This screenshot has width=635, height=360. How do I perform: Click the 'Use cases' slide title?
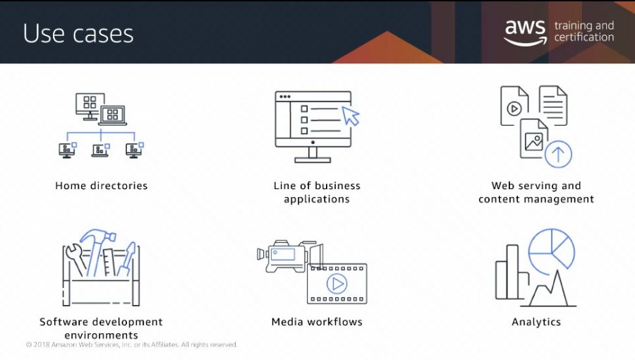78,33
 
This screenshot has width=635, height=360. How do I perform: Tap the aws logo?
525,32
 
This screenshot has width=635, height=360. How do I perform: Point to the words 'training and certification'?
584,31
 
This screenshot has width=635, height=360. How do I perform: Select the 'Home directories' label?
101,186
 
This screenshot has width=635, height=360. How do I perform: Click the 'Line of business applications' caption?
317,192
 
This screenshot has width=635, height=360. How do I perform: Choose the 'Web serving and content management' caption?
536,192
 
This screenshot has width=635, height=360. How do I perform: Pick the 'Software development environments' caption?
101,328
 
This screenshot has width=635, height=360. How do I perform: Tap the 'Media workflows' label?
317,322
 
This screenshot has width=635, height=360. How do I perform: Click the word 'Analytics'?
536,322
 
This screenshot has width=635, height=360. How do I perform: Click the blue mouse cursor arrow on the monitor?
350,116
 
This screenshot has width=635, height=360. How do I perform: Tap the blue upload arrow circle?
558,155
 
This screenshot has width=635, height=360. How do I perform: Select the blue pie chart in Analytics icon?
552,251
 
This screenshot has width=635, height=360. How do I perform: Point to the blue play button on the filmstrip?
337,284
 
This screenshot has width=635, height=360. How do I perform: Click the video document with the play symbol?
514,106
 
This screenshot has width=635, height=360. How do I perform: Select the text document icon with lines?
553,105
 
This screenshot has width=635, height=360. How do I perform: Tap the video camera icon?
289,256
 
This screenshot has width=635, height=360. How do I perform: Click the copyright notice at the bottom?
132,344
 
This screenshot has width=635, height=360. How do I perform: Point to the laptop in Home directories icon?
113,115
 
